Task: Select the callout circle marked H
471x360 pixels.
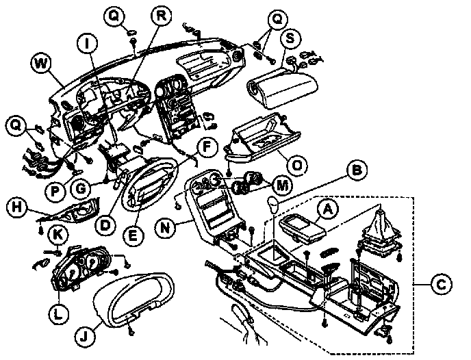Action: point(17,205)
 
